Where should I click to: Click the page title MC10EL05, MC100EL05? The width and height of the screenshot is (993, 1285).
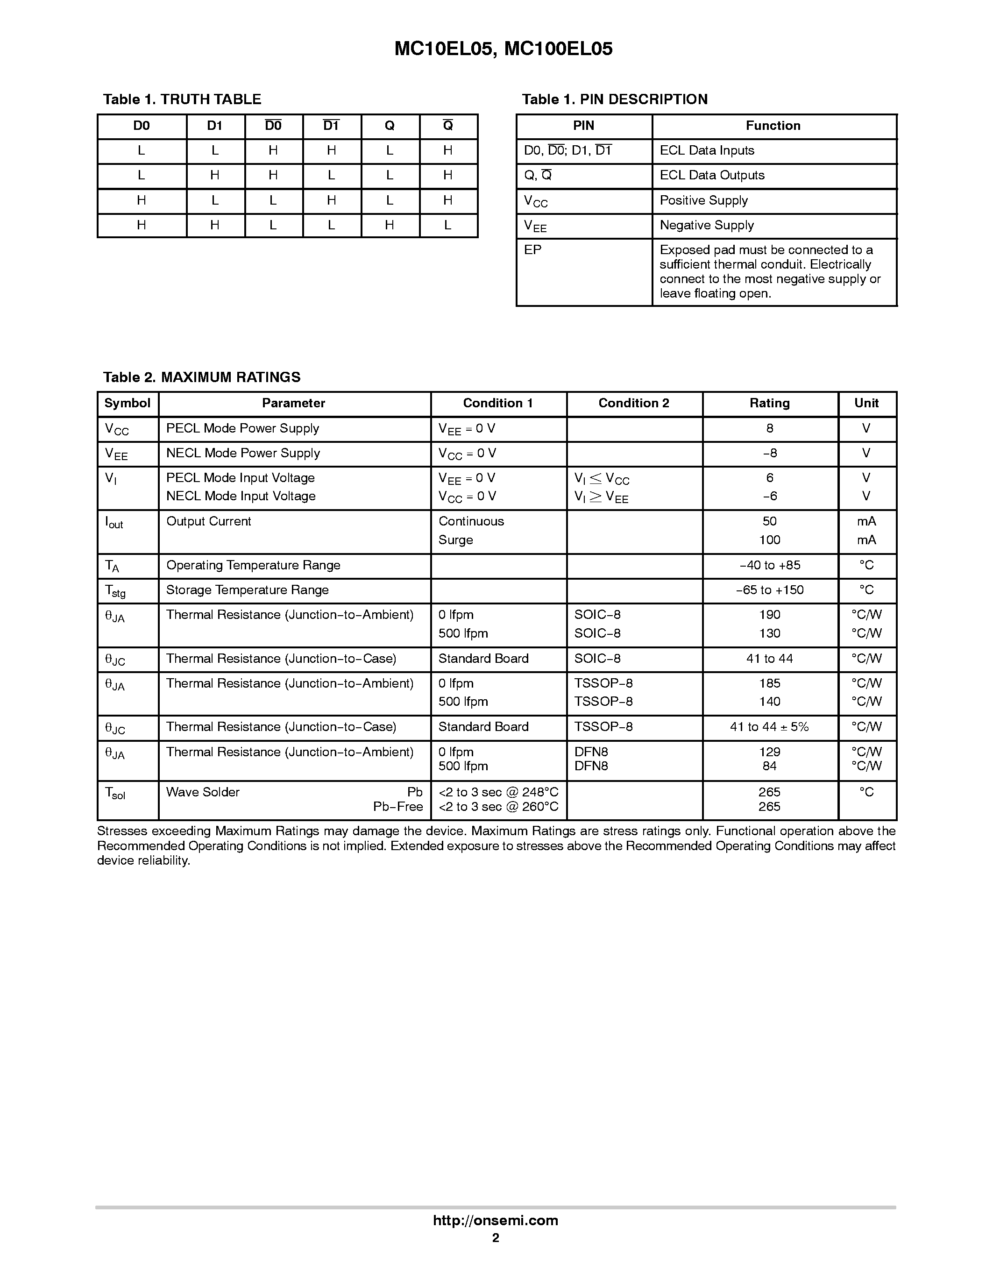(503, 49)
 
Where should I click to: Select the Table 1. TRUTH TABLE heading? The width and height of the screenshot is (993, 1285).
(182, 99)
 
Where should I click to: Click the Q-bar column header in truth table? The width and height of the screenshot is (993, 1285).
(447, 126)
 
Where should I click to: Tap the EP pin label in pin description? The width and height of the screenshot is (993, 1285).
(532, 250)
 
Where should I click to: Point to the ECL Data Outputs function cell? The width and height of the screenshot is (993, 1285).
(712, 175)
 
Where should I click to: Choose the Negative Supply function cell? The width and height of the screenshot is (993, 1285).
(707, 225)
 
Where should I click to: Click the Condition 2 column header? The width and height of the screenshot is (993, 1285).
(633, 403)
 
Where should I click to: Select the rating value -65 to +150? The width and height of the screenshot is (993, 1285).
(769, 590)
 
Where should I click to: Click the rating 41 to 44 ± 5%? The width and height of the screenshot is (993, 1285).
(769, 727)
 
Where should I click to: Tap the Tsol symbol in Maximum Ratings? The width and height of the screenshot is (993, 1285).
(115, 793)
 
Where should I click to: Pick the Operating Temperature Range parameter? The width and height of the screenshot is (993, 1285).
(253, 565)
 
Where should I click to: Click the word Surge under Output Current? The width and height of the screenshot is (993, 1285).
(455, 540)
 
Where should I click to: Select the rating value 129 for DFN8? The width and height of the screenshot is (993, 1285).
(769, 752)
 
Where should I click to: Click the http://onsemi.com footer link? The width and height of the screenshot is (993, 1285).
(495, 1221)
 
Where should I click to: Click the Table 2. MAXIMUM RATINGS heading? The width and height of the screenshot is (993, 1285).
(201, 377)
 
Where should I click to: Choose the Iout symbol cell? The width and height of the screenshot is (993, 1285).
(113, 523)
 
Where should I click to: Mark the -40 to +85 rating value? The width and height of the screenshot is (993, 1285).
(769, 565)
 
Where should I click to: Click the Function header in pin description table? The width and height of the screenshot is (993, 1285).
(773, 126)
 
